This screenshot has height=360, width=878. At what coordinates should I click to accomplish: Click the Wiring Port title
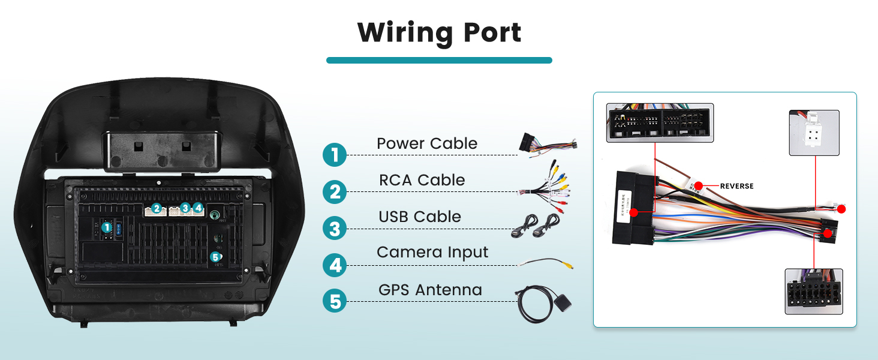point(439,32)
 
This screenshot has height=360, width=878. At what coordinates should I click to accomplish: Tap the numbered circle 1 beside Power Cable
point(335,155)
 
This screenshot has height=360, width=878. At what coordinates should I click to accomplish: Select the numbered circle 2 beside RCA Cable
point(335,192)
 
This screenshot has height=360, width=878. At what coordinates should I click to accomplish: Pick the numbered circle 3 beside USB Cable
point(335,229)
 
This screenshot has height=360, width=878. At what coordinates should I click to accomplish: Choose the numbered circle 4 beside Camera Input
point(335,265)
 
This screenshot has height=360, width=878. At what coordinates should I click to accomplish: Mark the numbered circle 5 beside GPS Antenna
point(335,301)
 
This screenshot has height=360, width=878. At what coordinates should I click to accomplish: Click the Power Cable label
point(427,144)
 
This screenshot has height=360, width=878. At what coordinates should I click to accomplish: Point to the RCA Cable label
point(422,180)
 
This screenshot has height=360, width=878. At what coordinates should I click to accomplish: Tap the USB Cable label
point(420,217)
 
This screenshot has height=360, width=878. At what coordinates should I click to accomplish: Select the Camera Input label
point(432,253)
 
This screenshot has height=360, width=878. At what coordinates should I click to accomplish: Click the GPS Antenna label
point(430,290)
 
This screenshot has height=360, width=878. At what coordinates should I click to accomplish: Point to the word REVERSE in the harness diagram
point(736,186)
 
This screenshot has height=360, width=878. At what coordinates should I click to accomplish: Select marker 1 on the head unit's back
point(107,227)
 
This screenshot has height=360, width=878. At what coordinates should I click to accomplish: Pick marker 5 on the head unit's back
point(215,257)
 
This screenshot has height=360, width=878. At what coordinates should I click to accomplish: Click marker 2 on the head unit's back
point(157,208)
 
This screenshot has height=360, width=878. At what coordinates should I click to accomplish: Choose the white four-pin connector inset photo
point(813,133)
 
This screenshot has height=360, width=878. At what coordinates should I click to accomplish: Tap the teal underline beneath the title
point(439,60)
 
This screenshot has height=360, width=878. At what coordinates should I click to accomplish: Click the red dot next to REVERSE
point(698,186)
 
